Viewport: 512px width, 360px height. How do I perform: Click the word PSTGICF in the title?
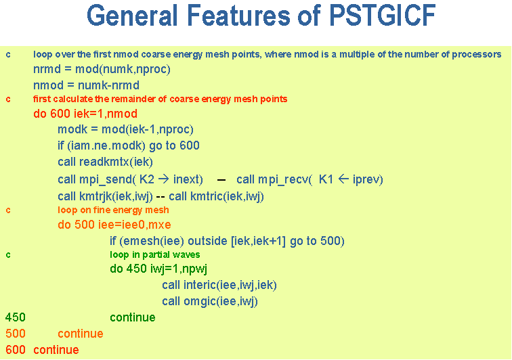click(x=382, y=16)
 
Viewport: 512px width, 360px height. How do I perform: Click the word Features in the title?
click(x=238, y=16)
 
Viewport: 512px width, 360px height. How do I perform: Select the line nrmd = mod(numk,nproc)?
click(x=102, y=70)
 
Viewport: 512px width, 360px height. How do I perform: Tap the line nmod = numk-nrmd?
click(x=86, y=85)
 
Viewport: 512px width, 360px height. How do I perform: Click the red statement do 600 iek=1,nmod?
click(x=85, y=114)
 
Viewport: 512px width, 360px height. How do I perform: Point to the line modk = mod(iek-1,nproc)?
click(x=125, y=130)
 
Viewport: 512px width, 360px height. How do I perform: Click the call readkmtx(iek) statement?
click(x=105, y=162)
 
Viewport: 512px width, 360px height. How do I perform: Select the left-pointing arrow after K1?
click(x=343, y=179)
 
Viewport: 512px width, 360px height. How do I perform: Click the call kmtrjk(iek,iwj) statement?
click(x=105, y=196)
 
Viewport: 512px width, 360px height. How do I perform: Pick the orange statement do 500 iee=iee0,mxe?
click(x=114, y=225)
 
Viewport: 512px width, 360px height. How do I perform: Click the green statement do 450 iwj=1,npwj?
click(x=158, y=269)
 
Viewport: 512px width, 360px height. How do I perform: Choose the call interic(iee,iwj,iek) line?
click(x=219, y=286)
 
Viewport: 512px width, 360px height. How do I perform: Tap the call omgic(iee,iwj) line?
click(x=210, y=301)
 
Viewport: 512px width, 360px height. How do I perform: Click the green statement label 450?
click(x=16, y=317)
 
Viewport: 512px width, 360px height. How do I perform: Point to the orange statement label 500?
click(x=16, y=334)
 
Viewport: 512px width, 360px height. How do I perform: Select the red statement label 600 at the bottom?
click(x=16, y=351)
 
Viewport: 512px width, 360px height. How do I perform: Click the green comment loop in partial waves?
click(x=155, y=254)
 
